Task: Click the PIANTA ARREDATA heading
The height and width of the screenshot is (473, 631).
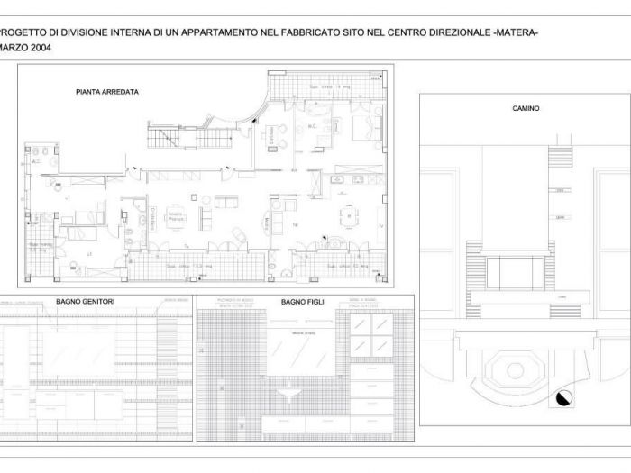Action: tap(107, 92)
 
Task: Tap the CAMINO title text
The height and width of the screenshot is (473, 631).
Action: tap(526, 108)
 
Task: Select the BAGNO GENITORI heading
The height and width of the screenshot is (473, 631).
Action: tap(85, 301)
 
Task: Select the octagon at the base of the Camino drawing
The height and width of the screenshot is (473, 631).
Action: tap(515, 370)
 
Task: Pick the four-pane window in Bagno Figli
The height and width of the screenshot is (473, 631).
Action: tap(370, 334)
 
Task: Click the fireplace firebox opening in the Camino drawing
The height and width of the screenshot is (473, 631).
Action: tap(515, 272)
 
